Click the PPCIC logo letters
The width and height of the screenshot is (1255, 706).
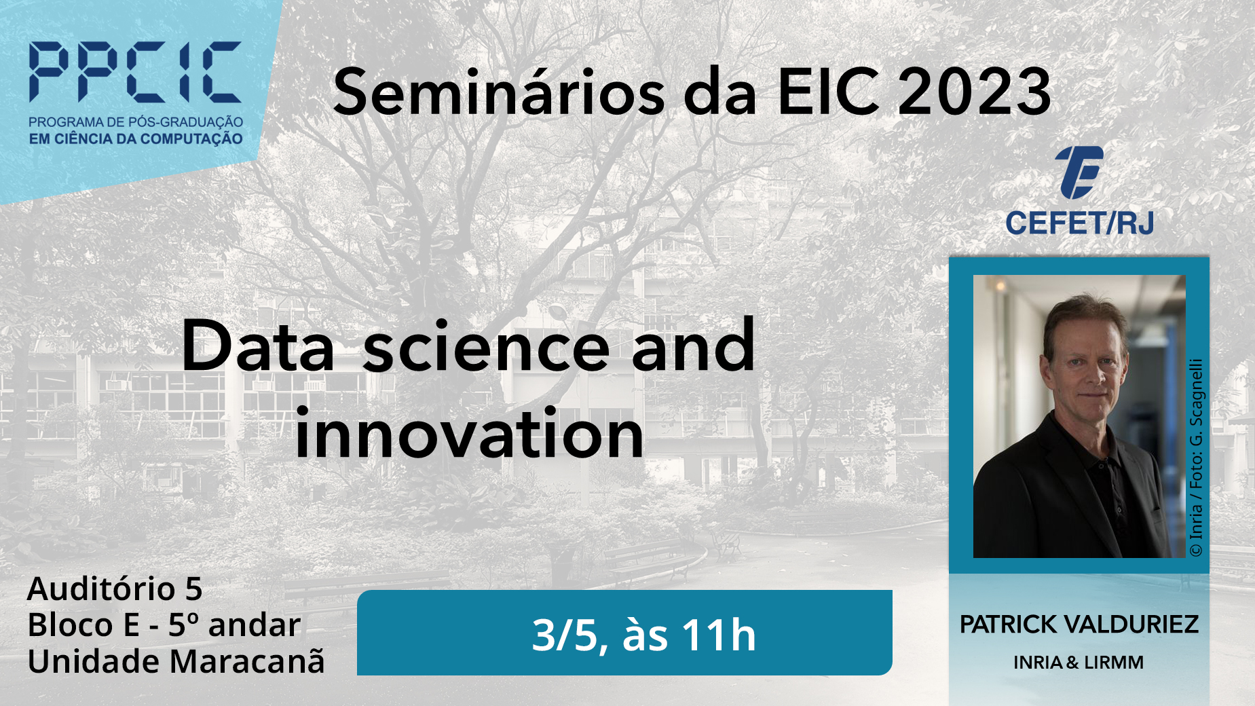pos(135,72)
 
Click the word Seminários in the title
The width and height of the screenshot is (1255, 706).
pos(499,92)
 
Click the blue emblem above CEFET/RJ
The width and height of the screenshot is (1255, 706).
pos(1079,172)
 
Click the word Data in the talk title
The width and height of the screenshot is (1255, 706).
pos(259,347)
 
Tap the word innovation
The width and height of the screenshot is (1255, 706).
pos(470,434)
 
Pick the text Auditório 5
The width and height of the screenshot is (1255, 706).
pos(115,589)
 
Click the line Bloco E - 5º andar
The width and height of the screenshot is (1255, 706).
pos(164,625)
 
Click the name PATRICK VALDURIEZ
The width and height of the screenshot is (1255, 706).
pos(1079,625)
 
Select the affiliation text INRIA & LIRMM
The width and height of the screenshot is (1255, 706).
pos(1079,663)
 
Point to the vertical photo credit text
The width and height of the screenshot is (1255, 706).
pos(1196,458)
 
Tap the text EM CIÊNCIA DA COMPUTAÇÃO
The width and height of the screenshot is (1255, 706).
pos(136,139)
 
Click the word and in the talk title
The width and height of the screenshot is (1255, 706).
pos(693,346)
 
